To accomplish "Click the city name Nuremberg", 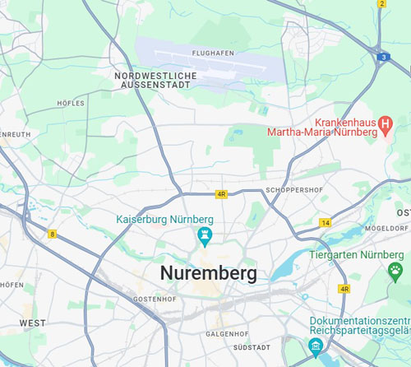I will click(208, 273).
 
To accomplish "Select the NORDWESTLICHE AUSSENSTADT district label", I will click(155, 80).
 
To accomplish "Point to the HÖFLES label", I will click(72, 103).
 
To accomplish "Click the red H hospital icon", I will click(384, 123).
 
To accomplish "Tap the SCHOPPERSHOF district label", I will click(292, 189).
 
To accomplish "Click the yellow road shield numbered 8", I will click(53, 234).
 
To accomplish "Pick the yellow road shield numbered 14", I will click(326, 223).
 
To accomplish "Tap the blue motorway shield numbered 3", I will click(384, 56).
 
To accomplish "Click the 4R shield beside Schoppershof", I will click(221, 194).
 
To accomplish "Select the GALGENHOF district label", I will click(222, 334).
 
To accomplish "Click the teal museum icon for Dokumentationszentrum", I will click(314, 346).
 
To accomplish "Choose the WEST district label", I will click(32, 323).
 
